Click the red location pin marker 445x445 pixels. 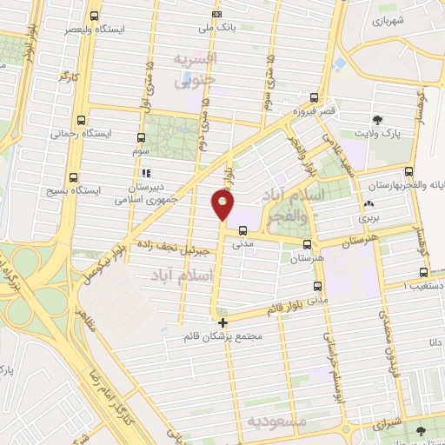pos(223,206)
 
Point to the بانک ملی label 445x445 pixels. pos(217,28)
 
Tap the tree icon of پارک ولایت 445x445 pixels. pos(377,120)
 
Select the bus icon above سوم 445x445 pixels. pos(141,137)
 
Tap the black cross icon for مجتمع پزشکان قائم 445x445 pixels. pos(223,322)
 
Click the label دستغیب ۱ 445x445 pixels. pos(427,285)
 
